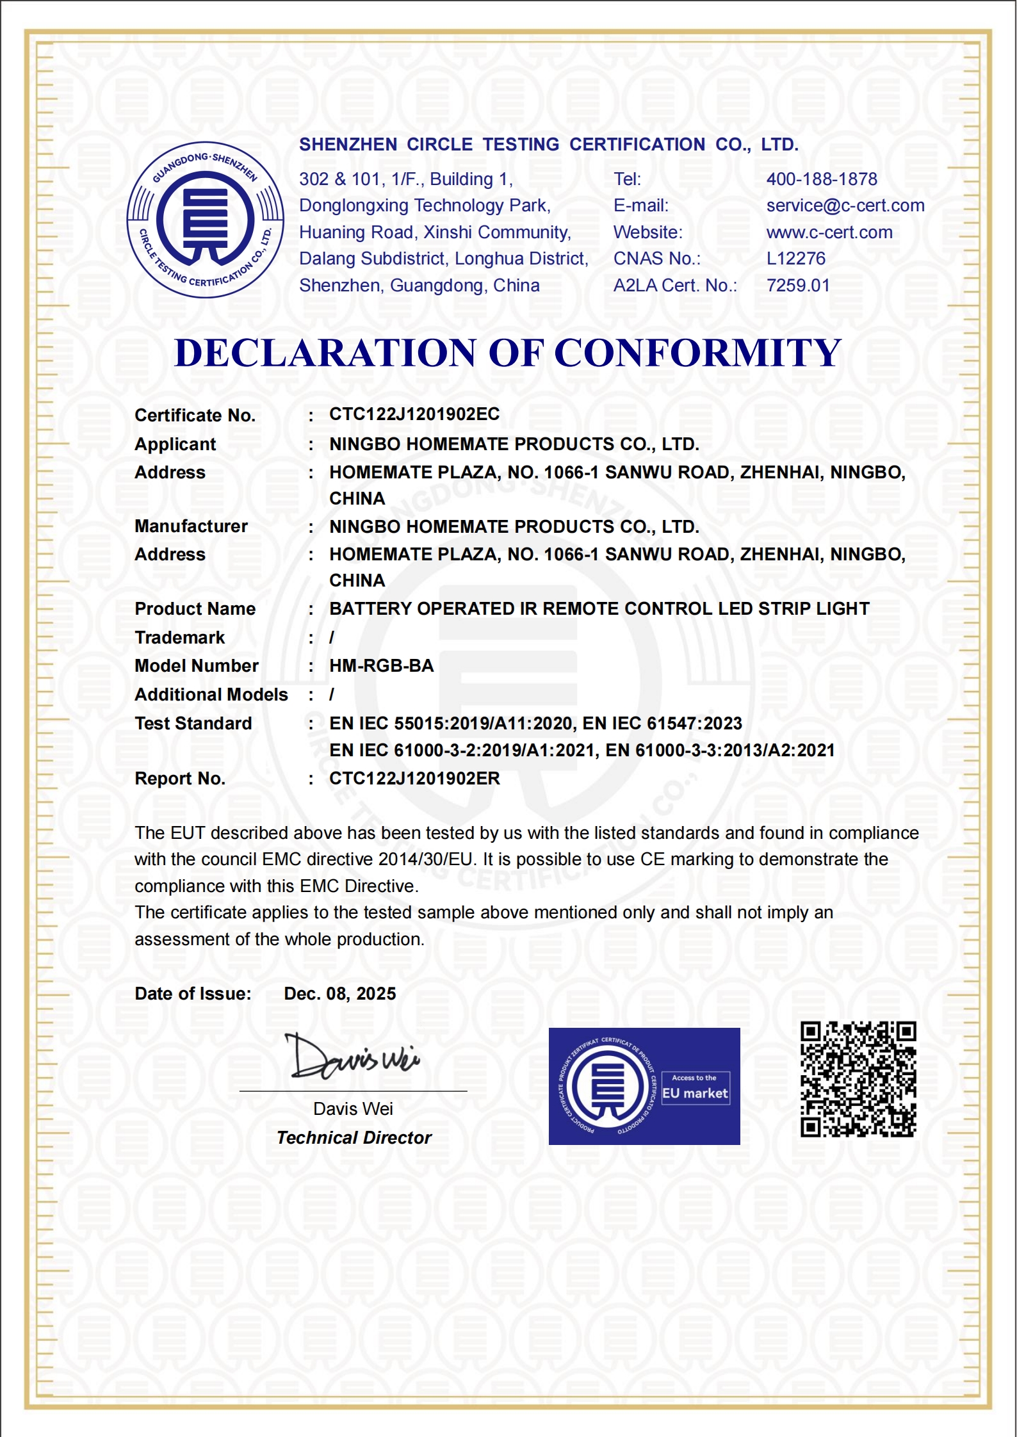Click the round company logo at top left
pyautogui.click(x=206, y=220)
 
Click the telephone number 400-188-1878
pyautogui.click(x=822, y=179)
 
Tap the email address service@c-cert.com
pyautogui.click(x=845, y=206)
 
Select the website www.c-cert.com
pyautogui.click(x=829, y=232)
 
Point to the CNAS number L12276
pyautogui.click(x=796, y=259)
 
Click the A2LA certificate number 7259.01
pyautogui.click(x=798, y=286)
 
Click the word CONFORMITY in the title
pyautogui.click(x=697, y=353)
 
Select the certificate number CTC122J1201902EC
pyautogui.click(x=414, y=414)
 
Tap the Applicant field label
pyautogui.click(x=175, y=444)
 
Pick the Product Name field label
pyautogui.click(x=195, y=609)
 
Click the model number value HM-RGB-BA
pyautogui.click(x=382, y=666)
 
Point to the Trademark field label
pyautogui.click(x=180, y=638)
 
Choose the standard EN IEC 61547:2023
pyautogui.click(x=662, y=724)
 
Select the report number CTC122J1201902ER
pyautogui.click(x=414, y=779)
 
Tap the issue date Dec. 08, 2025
pyautogui.click(x=340, y=994)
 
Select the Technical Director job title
pyautogui.click(x=354, y=1138)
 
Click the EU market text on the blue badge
pyautogui.click(x=696, y=1094)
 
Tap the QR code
pyautogui.click(x=858, y=1080)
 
